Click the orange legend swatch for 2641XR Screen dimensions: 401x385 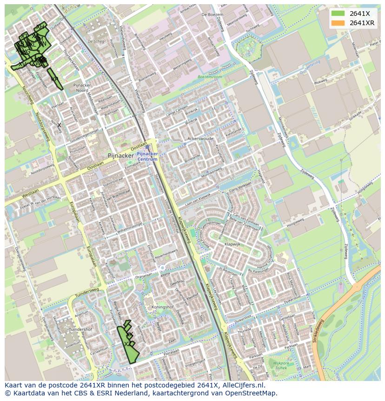click(x=338, y=23)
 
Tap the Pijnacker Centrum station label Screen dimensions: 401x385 click(x=147, y=156)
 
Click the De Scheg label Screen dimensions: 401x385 click(x=96, y=41)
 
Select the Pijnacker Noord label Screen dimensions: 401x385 click(x=84, y=88)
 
